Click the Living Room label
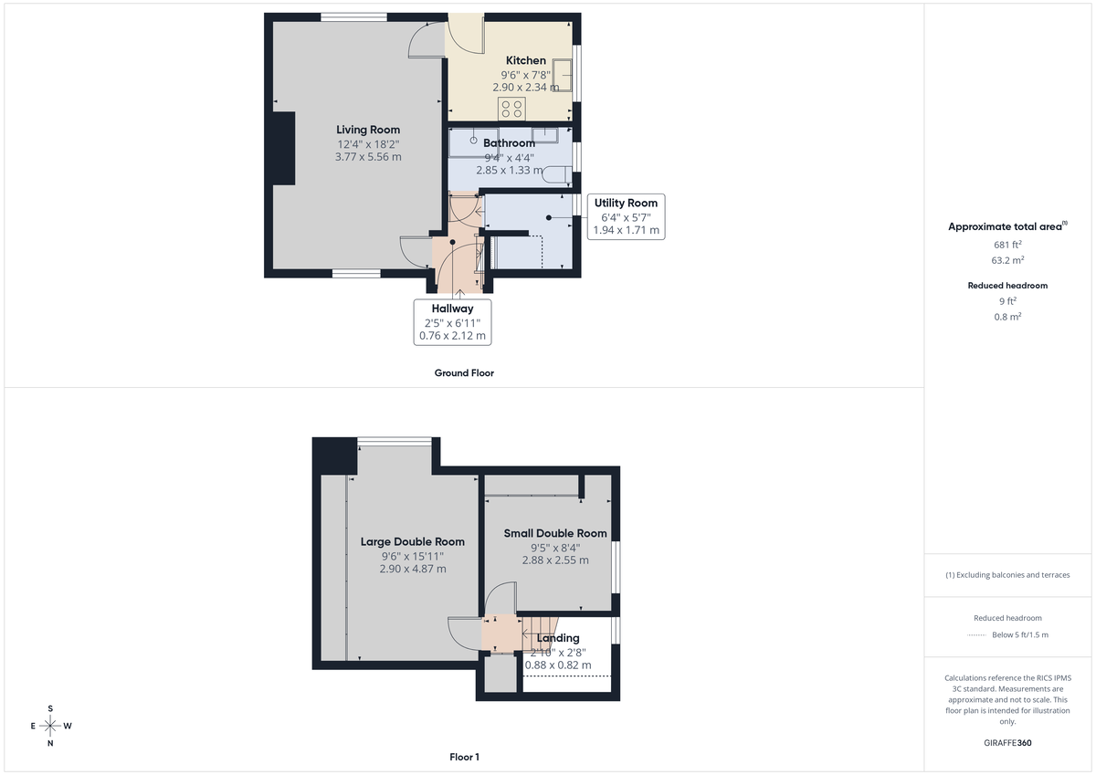click(x=368, y=130)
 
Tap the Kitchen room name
click(x=526, y=60)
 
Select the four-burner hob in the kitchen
click(x=511, y=109)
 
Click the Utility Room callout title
click(x=626, y=203)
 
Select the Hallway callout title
click(x=452, y=309)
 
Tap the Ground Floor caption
click(x=464, y=372)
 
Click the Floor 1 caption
click(x=464, y=757)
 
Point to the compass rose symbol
click(x=50, y=726)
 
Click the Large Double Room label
click(x=412, y=541)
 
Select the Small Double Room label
click(x=555, y=533)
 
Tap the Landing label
click(x=558, y=638)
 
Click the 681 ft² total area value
click(x=1007, y=245)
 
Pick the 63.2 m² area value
click(x=1007, y=260)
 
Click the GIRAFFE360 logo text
click(x=1007, y=743)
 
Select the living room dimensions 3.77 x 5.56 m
click(x=368, y=157)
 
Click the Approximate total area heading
click(x=1006, y=226)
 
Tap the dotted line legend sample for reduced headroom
click(x=978, y=634)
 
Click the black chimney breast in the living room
click(x=283, y=148)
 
